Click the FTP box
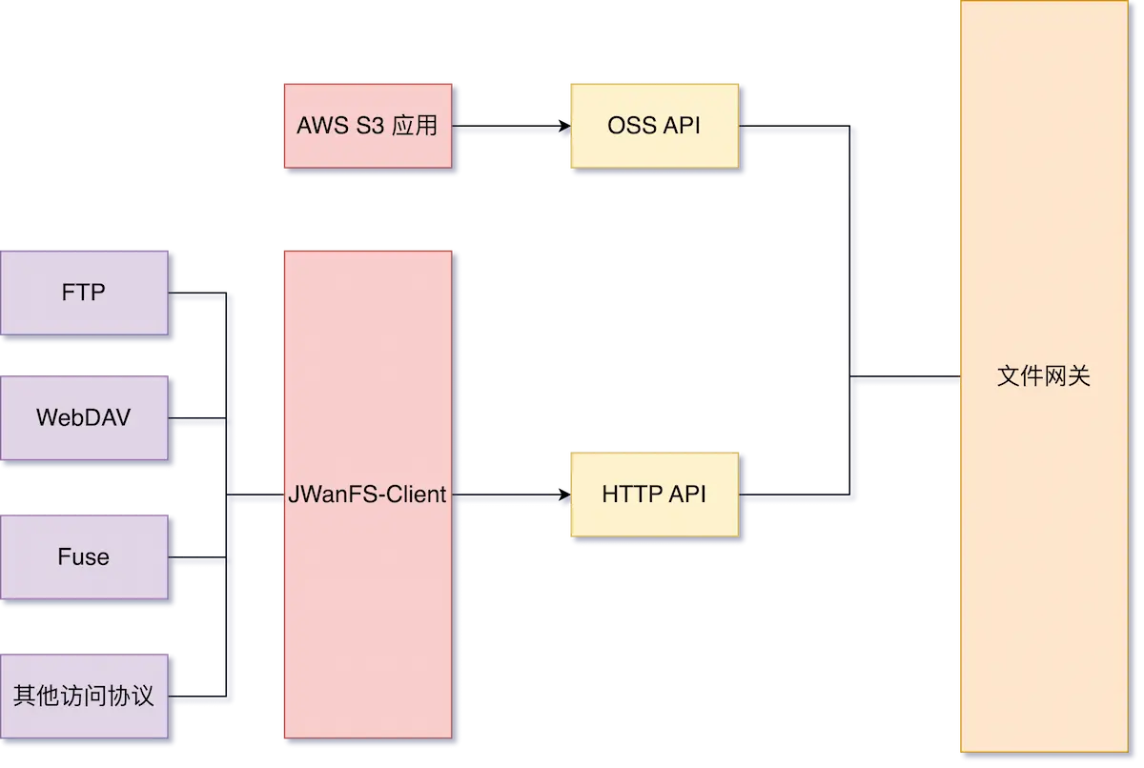[x=84, y=293]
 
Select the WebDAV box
[x=84, y=417]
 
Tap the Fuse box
[x=84, y=556]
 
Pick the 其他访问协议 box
[x=84, y=696]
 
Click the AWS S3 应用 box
[x=367, y=125]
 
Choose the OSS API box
[x=653, y=125]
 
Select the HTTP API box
[x=653, y=494]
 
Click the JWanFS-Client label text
[x=367, y=495]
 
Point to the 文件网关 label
[x=1043, y=376]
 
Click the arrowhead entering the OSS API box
[x=563, y=125]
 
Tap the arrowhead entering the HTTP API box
[x=563, y=495]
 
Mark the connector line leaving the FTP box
[x=197, y=293]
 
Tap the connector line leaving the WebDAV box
[x=197, y=418]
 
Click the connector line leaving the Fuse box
[x=197, y=557]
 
